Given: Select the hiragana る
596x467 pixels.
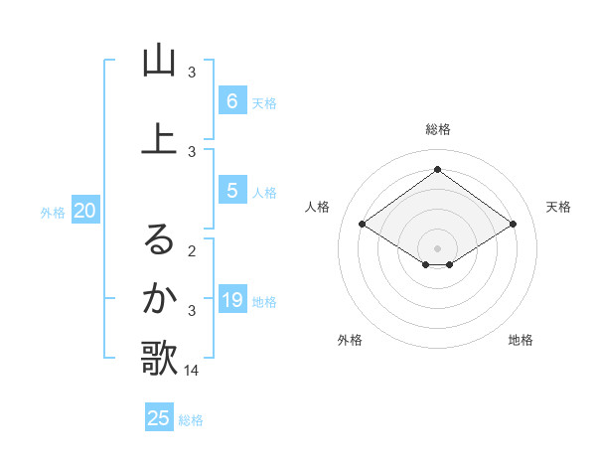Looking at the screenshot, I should click(159, 238).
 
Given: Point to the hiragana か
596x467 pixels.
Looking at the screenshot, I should click(159, 298).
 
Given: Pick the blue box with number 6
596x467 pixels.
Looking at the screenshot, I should click(231, 100).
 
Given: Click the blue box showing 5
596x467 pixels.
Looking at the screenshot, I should click(231, 191).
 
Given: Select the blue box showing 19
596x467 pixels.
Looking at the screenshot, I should click(231, 300).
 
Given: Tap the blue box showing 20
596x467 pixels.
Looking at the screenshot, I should click(85, 210).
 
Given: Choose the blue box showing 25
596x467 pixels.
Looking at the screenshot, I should click(159, 418).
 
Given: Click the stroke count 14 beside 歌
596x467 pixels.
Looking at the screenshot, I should click(192, 371).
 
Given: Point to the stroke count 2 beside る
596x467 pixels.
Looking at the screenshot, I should click(192, 250).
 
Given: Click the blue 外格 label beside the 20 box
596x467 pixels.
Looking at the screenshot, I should click(53, 212).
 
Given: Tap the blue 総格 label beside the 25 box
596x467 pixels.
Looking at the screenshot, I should click(191, 420).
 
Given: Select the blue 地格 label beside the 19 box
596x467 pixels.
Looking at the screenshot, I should click(265, 302).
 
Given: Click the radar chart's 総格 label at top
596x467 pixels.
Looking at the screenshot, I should click(437, 129).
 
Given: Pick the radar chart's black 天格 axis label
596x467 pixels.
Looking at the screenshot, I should click(558, 207).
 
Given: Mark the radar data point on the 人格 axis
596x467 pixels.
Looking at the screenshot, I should click(362, 225).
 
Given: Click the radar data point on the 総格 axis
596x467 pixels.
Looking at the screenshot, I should click(437, 169).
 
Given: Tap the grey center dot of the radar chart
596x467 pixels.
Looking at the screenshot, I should click(437, 247).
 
